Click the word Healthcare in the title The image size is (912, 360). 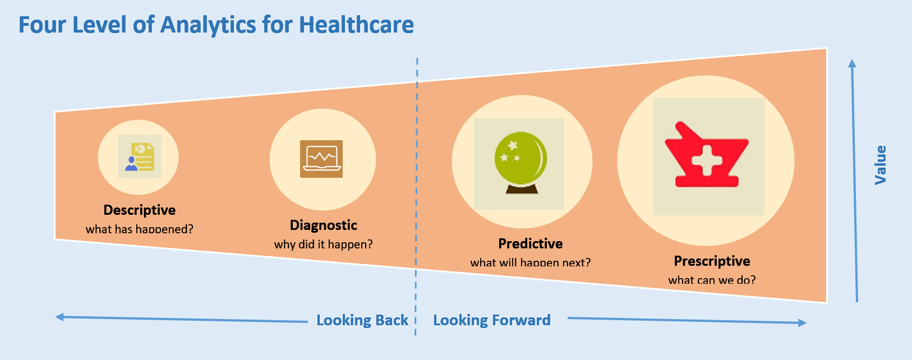coord(356,25)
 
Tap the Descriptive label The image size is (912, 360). coord(140,210)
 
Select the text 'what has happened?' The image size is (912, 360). coord(139,229)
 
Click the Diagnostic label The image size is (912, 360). coord(323,225)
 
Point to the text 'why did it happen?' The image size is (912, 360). coord(323,244)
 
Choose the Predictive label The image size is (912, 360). coord(531,243)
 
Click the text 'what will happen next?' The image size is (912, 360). coord(531,262)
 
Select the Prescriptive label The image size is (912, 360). coord(712,261)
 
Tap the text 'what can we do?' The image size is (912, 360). coord(712,280)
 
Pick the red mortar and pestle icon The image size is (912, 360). coord(707,155)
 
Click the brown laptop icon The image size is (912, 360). coord(321,159)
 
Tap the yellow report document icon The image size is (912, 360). coord(140,157)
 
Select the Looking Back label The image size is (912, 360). coord(362,320)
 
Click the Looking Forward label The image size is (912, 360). coord(492,320)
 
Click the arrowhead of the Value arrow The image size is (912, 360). coord(852,63)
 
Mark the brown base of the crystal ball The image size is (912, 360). coord(522,189)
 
